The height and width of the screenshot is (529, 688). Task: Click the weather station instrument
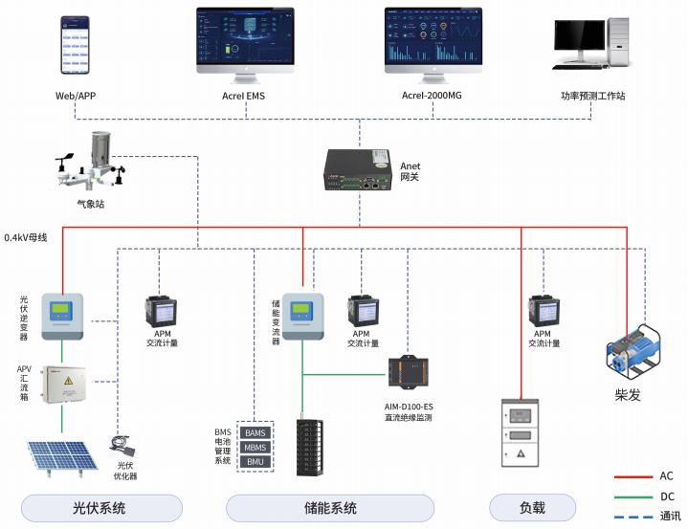pos(96,163)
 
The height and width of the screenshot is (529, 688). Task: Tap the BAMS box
pos(255,432)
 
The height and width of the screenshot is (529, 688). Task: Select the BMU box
pos(255,462)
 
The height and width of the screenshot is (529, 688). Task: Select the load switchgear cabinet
pos(520,435)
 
